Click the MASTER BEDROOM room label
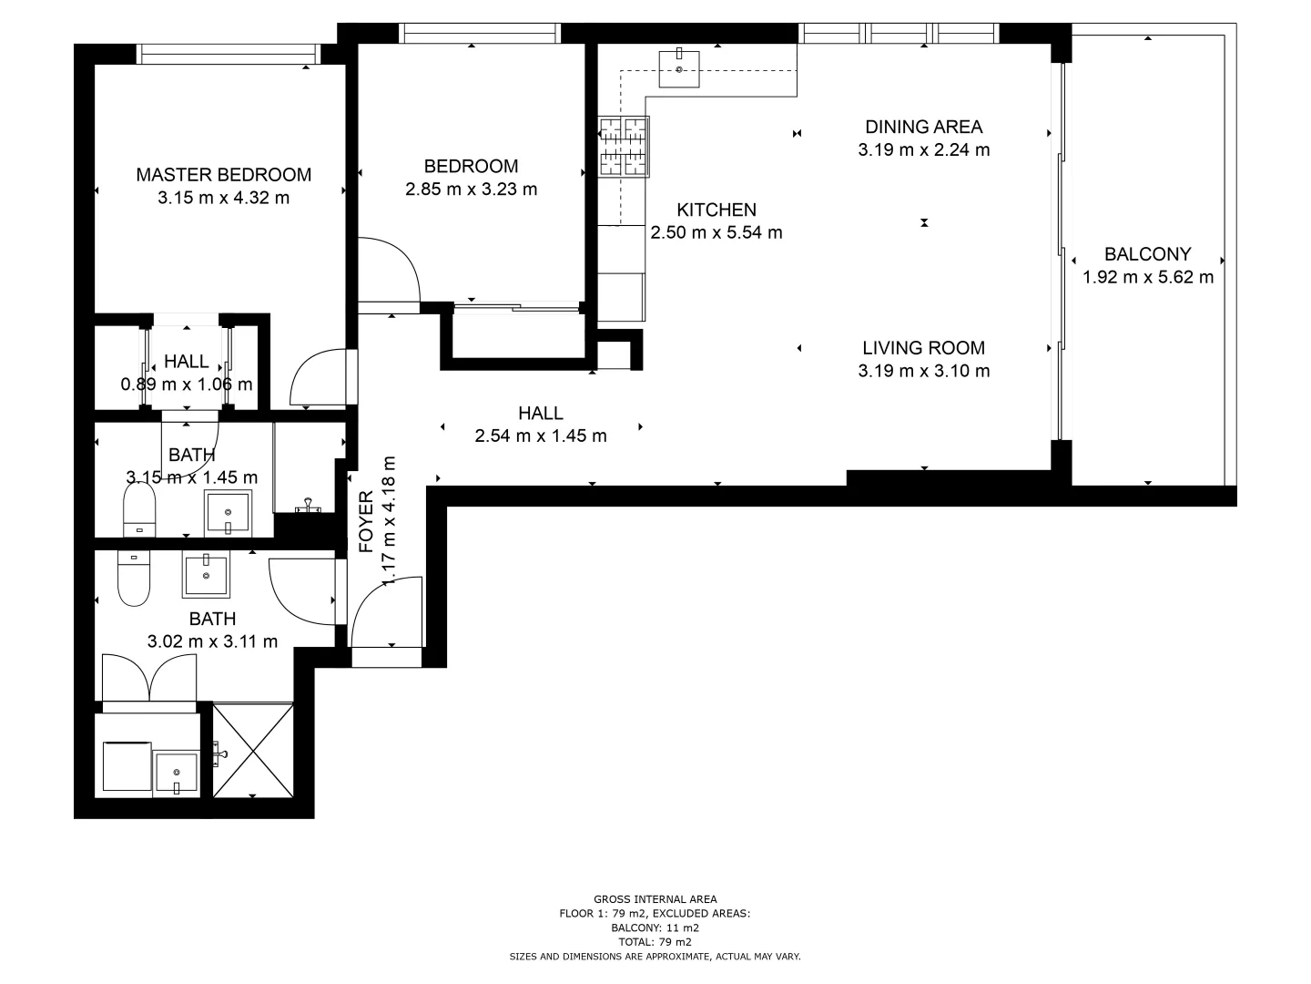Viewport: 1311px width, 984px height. coord(223,174)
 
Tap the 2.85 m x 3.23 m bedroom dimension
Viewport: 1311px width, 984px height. coord(471,190)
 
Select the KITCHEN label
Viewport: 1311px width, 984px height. coord(716,210)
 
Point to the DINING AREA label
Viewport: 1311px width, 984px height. coord(923,127)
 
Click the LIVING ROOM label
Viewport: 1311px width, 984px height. coord(923,347)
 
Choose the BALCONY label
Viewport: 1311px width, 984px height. coord(1147,254)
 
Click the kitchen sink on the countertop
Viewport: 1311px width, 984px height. coord(679,68)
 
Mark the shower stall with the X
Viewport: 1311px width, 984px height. coord(253,750)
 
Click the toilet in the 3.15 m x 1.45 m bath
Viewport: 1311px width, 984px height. coord(139,509)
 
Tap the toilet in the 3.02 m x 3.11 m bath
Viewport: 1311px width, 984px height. coord(134,580)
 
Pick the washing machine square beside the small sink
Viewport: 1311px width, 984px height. coord(127,766)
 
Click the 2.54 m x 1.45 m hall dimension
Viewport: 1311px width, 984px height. coord(541,436)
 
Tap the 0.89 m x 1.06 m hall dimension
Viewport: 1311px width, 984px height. coord(187,384)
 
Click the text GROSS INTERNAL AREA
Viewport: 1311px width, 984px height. coord(655,899)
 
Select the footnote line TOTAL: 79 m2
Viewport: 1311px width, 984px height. coord(655,942)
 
